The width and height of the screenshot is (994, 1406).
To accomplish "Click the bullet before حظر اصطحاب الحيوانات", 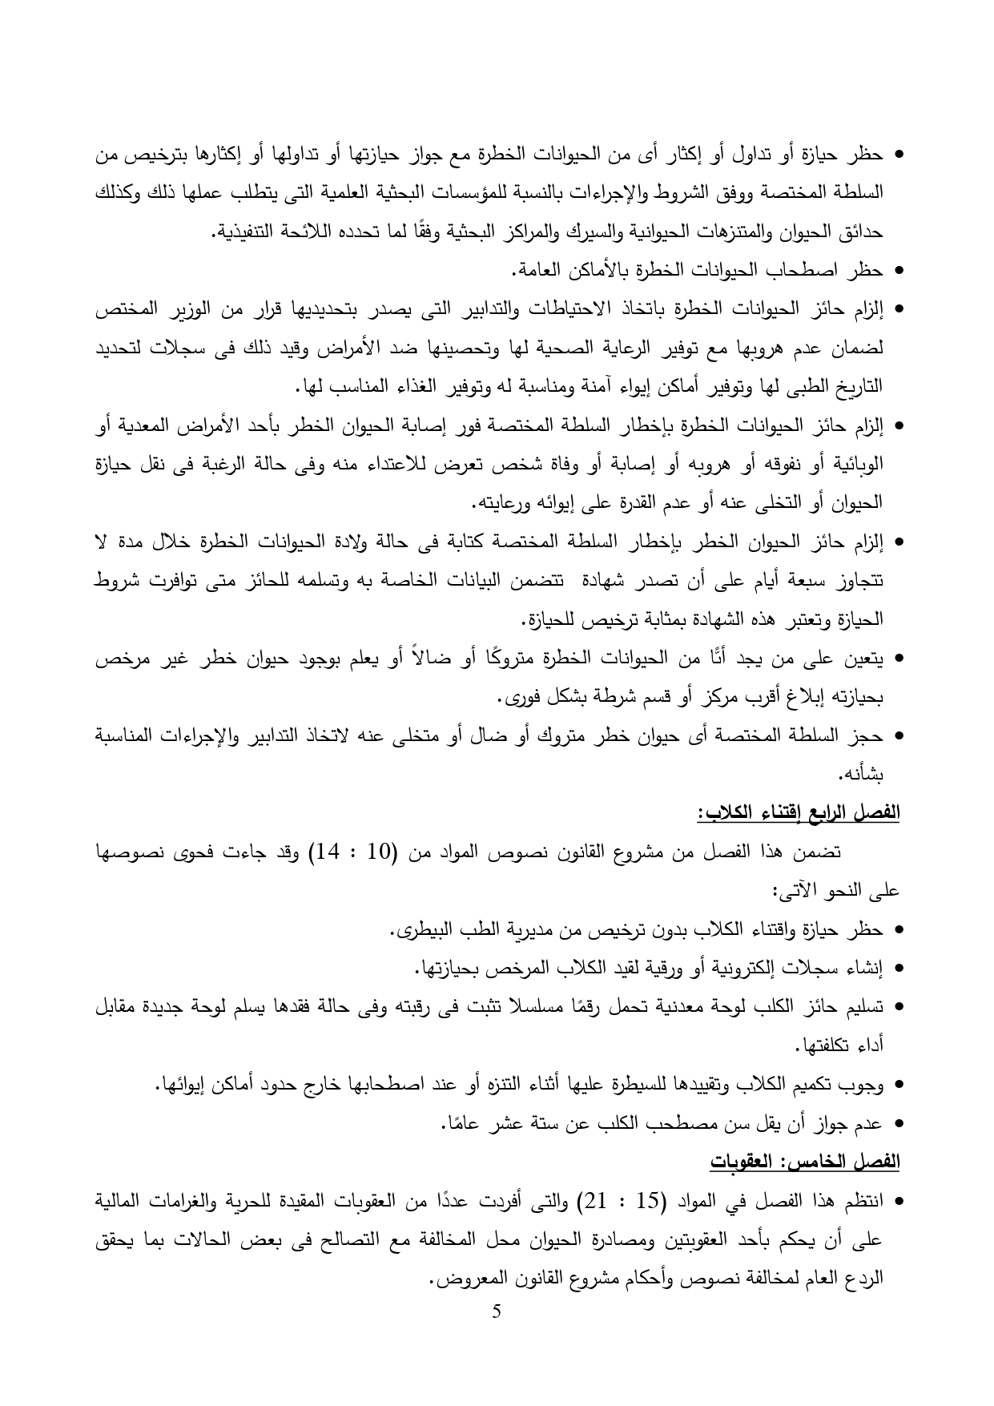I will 898,272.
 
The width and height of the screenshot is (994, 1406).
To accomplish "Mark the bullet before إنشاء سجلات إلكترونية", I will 898,969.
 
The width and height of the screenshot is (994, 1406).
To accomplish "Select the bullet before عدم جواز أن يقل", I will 898,1125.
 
